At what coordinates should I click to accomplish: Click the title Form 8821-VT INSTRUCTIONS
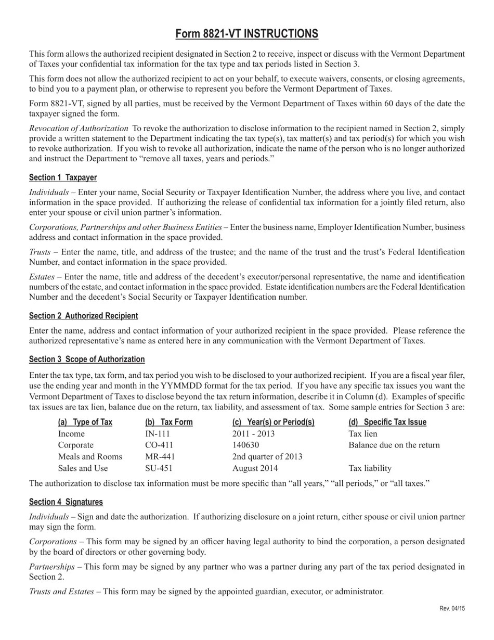pyautogui.click(x=246, y=34)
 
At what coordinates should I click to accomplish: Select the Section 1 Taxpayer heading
pyautogui.click(x=63, y=177)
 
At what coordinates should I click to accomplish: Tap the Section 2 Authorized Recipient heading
pyautogui.click(x=83, y=316)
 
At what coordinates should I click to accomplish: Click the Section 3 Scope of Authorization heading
pyautogui.click(x=87, y=359)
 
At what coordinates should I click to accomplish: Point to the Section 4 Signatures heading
pyautogui.click(x=66, y=502)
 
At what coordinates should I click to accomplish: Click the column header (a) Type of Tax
pyautogui.click(x=85, y=422)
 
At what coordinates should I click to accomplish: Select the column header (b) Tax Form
pyautogui.click(x=169, y=422)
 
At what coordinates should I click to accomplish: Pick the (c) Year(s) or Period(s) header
pyautogui.click(x=274, y=422)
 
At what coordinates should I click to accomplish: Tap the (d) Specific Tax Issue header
pyautogui.click(x=387, y=422)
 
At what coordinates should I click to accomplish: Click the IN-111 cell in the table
pyautogui.click(x=158, y=434)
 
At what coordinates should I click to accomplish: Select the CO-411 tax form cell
pyautogui.click(x=159, y=445)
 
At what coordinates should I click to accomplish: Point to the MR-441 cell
pyautogui.click(x=160, y=457)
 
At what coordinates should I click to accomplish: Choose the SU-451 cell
pyautogui.click(x=159, y=468)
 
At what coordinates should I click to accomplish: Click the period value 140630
pyautogui.click(x=245, y=445)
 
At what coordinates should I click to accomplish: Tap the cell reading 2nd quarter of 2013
pyautogui.click(x=267, y=457)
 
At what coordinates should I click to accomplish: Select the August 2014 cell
pyautogui.click(x=255, y=468)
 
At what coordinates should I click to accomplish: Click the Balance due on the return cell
pyautogui.click(x=394, y=445)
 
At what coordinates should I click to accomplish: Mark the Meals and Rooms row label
pyautogui.click(x=90, y=457)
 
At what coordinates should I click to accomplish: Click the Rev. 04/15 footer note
pyautogui.click(x=452, y=608)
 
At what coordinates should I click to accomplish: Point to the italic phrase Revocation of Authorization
pyautogui.click(x=79, y=129)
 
